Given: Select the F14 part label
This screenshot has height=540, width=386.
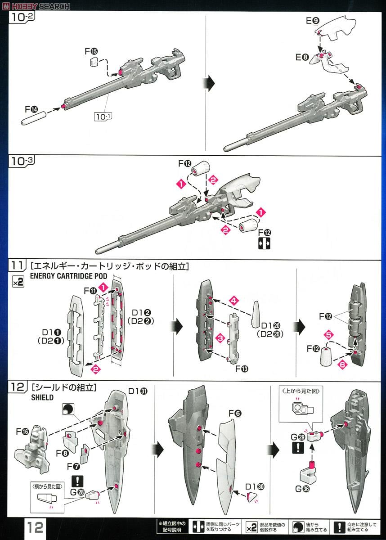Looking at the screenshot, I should pyautogui.click(x=32, y=109).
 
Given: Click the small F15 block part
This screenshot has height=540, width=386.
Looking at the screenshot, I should pyautogui.click(x=94, y=62).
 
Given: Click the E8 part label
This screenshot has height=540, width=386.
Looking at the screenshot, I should pyautogui.click(x=302, y=57).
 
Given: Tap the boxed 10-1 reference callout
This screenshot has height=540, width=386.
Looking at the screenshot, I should pyautogui.click(x=103, y=117).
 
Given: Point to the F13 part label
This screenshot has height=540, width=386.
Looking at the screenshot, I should pyautogui.click(x=243, y=369).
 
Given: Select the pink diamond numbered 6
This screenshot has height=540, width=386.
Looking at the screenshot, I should pyautogui.click(x=342, y=365).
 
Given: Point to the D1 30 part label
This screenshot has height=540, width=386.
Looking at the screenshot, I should pyautogui.click(x=255, y=486).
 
